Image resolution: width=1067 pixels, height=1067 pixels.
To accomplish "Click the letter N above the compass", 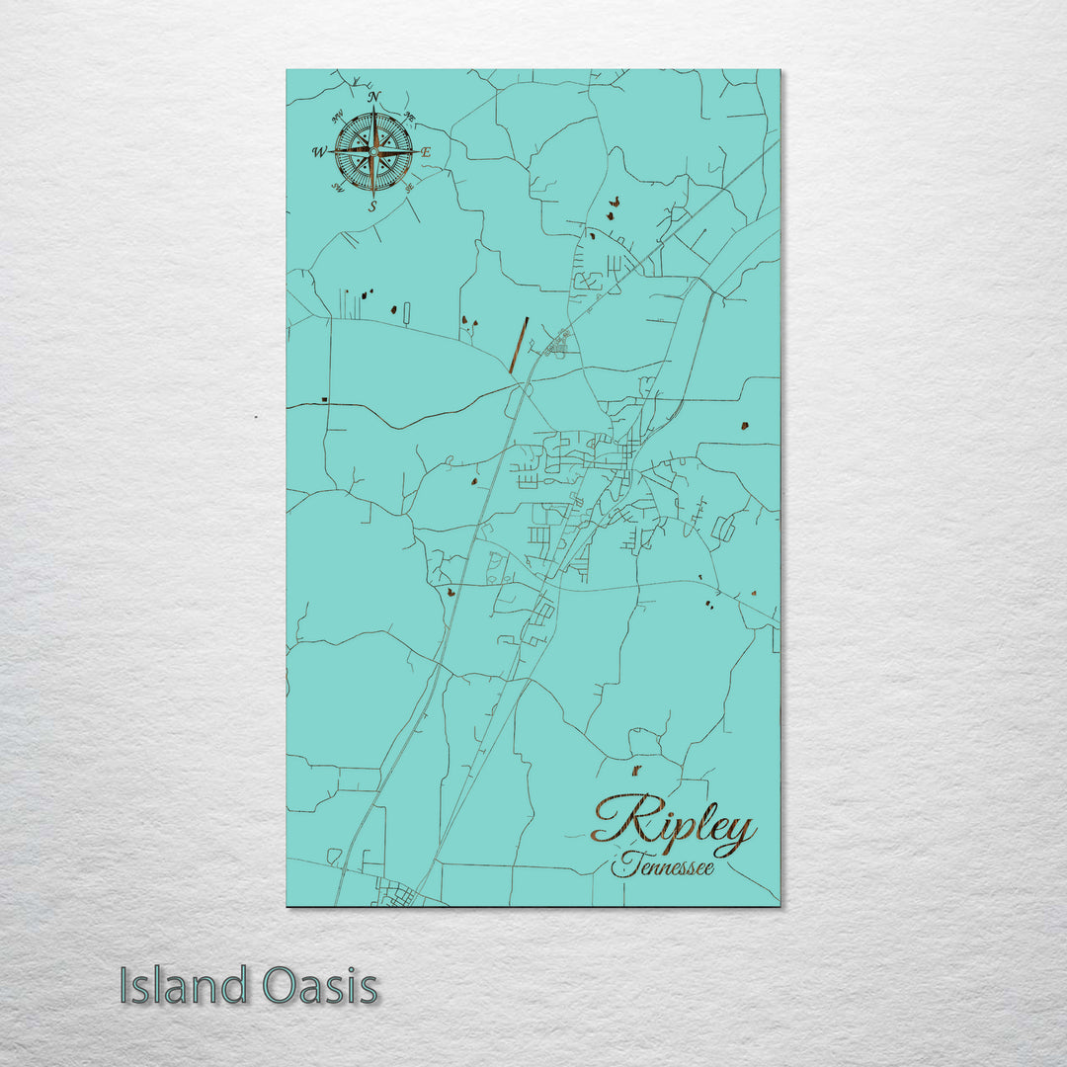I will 373,97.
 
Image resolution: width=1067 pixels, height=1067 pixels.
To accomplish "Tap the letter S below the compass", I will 372,206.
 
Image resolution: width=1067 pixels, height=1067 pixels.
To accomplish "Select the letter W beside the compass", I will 319,152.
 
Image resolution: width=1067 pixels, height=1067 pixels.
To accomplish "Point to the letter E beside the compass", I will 426,152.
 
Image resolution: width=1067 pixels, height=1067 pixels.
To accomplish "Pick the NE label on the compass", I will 409,119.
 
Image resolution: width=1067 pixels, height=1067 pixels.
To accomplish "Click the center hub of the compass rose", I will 373,151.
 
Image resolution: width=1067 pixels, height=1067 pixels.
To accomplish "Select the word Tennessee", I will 662,868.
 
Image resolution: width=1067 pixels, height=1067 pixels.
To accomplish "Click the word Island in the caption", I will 184,986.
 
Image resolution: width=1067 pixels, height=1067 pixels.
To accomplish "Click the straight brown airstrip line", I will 519,345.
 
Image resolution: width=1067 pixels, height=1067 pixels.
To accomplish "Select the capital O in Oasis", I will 279,986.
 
